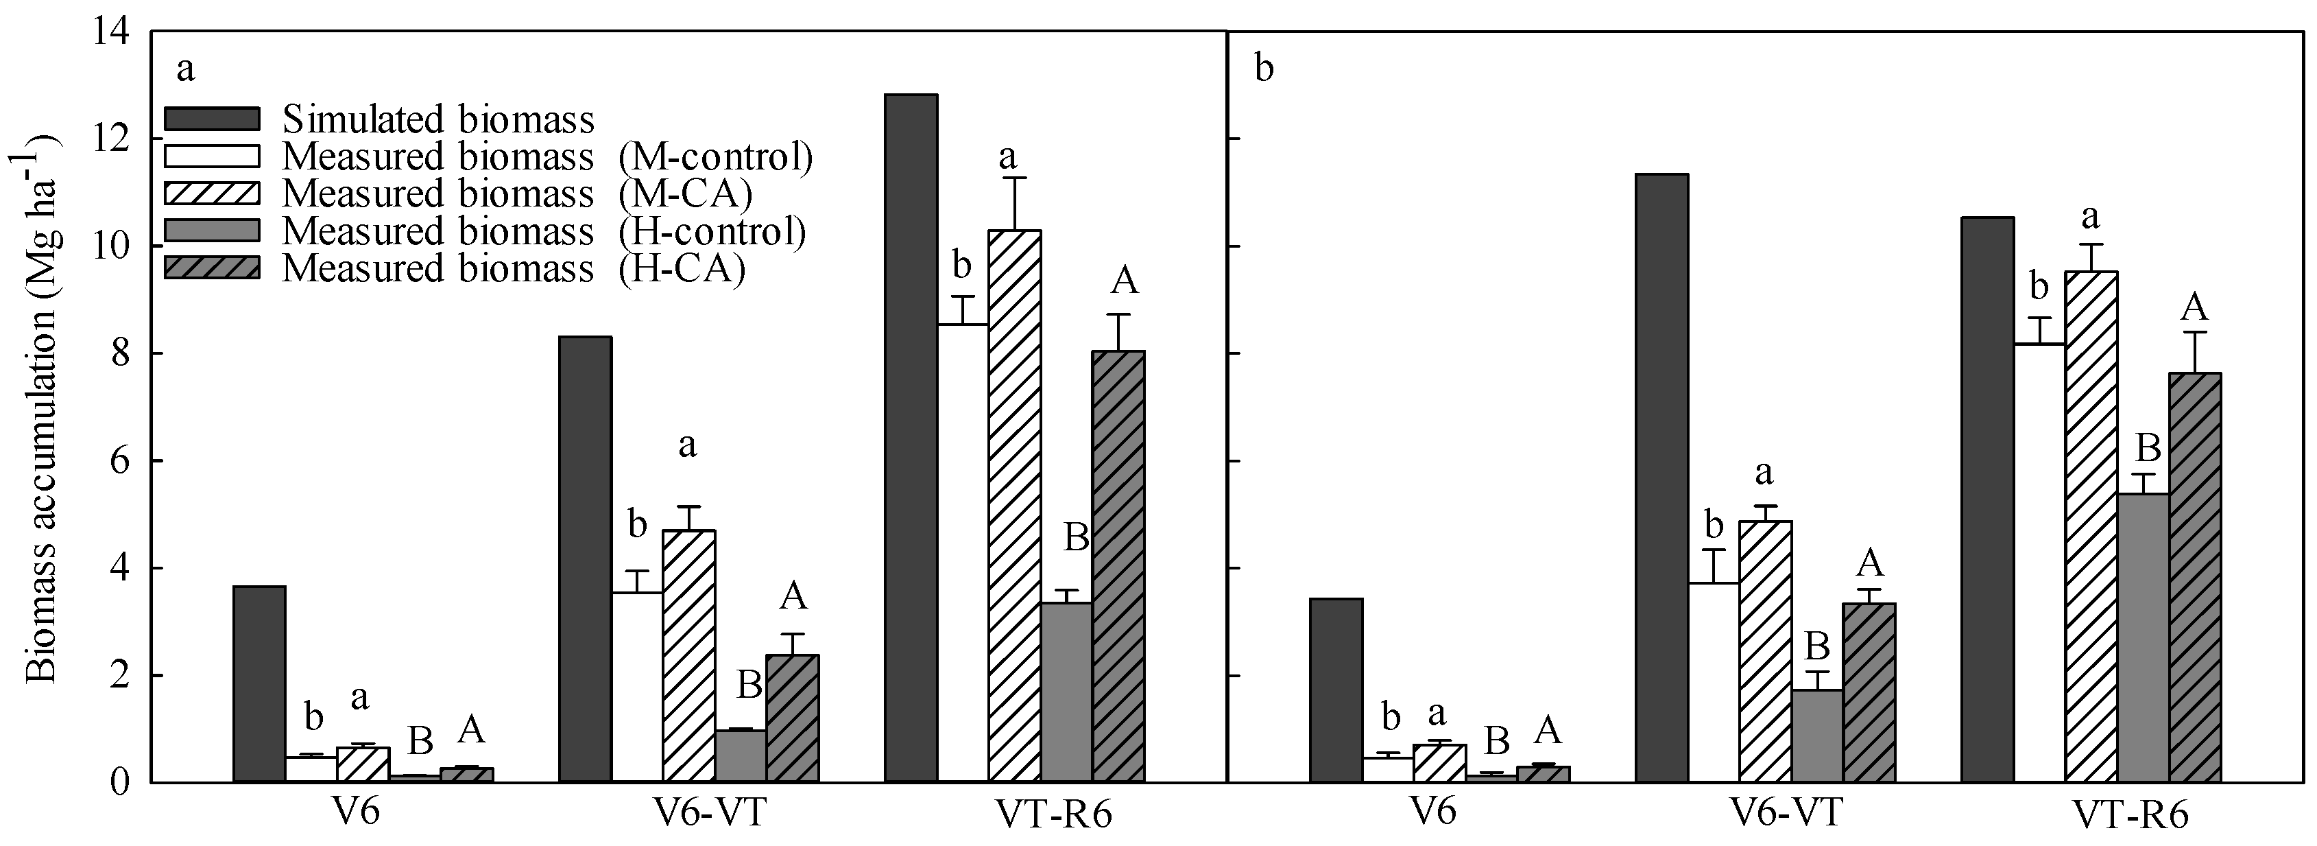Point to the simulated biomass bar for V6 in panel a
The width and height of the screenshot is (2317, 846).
click(x=259, y=684)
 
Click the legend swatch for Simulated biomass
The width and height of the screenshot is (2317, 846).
click(x=213, y=119)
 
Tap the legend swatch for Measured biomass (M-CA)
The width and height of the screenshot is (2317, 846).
click(x=213, y=193)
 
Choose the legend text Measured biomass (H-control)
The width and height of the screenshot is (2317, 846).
click(x=543, y=231)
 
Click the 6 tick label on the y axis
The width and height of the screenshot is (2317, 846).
click(x=119, y=461)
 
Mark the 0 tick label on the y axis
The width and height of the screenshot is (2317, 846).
click(x=119, y=782)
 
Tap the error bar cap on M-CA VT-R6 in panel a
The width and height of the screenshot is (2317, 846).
click(x=1015, y=178)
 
